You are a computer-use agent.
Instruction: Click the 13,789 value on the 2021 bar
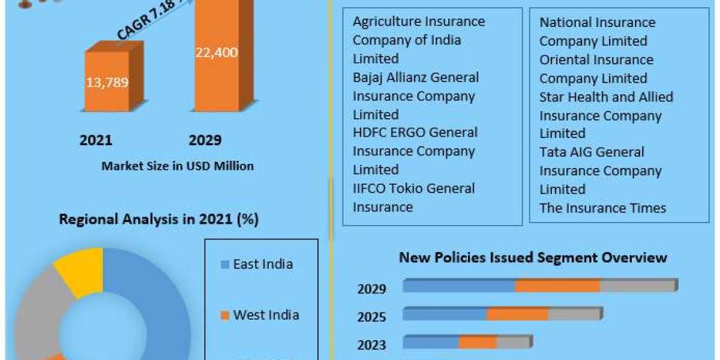(107, 82)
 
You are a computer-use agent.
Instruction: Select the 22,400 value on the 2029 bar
(216, 52)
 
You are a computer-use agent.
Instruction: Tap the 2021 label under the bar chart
(96, 140)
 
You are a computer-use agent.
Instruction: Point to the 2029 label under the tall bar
(205, 140)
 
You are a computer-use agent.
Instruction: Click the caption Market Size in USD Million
(178, 166)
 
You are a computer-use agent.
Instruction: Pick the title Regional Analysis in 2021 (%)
(158, 220)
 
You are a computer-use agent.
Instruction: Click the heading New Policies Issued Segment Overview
(533, 257)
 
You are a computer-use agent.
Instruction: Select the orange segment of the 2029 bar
(557, 286)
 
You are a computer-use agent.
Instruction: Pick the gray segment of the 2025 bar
(574, 314)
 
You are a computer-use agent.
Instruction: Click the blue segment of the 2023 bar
(431, 343)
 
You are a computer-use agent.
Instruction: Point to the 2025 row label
(372, 317)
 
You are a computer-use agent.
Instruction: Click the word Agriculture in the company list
(386, 22)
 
